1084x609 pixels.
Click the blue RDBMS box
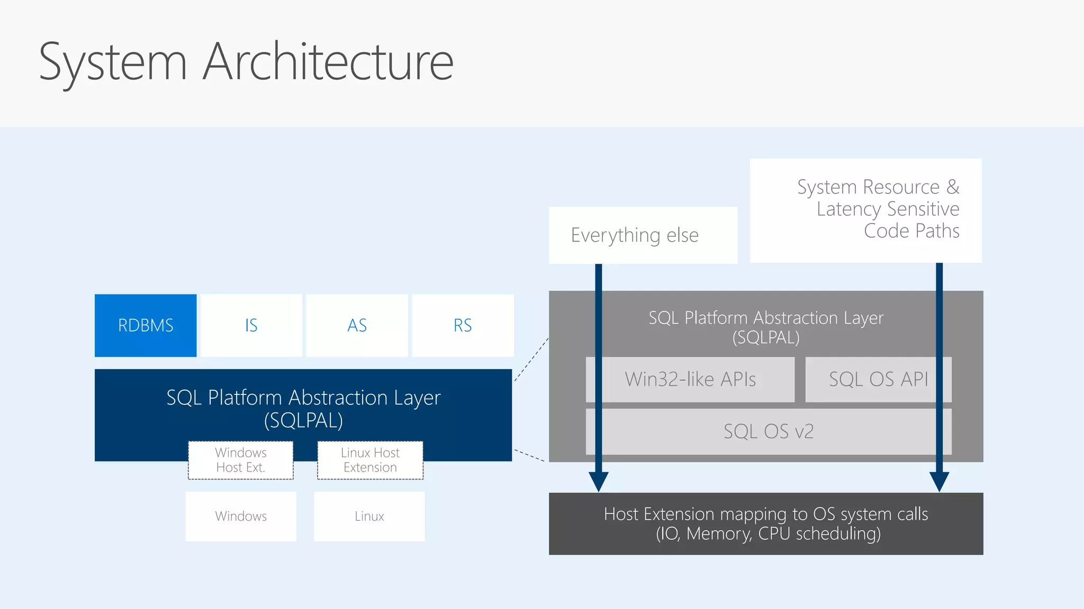click(146, 325)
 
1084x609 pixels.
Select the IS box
click(251, 325)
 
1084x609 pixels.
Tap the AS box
click(357, 325)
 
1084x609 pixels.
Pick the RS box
click(463, 325)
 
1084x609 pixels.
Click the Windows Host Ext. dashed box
click(241, 460)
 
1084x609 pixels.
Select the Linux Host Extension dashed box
click(370, 460)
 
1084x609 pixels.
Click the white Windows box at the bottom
click(241, 516)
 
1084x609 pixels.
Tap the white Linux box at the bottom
click(369, 516)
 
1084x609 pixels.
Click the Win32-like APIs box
click(690, 379)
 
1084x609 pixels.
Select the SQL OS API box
click(878, 379)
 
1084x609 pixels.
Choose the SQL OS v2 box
click(768, 431)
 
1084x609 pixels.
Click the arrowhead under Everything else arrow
click(599, 481)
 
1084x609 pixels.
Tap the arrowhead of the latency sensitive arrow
click(939, 481)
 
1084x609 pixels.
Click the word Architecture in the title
click(328, 62)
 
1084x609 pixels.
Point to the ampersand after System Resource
click(953, 187)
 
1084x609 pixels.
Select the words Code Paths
click(911, 231)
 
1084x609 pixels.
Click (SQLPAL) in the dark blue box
click(303, 421)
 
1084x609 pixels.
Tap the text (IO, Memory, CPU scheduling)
click(768, 533)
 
